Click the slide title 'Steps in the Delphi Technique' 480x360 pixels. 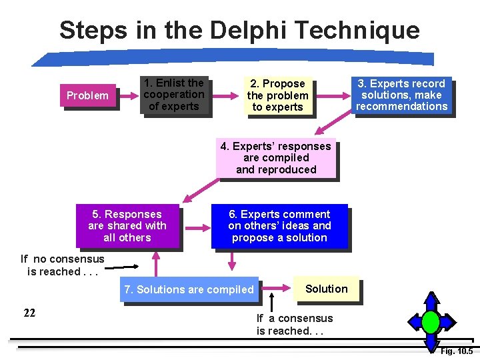(x=239, y=30)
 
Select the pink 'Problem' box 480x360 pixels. (x=87, y=95)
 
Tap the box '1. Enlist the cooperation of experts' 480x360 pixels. (x=173, y=95)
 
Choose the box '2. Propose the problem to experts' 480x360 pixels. (x=277, y=95)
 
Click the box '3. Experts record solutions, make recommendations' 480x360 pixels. (x=401, y=95)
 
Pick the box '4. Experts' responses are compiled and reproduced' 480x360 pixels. (x=276, y=158)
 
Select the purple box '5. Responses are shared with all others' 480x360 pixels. (x=127, y=226)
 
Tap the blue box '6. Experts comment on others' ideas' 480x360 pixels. (x=279, y=226)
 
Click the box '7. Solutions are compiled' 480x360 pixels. (x=189, y=289)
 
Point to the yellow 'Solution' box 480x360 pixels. (x=326, y=289)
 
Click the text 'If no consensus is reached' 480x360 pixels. (x=62, y=265)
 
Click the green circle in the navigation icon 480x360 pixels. (x=431, y=322)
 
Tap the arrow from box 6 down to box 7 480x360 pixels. (x=281, y=263)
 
